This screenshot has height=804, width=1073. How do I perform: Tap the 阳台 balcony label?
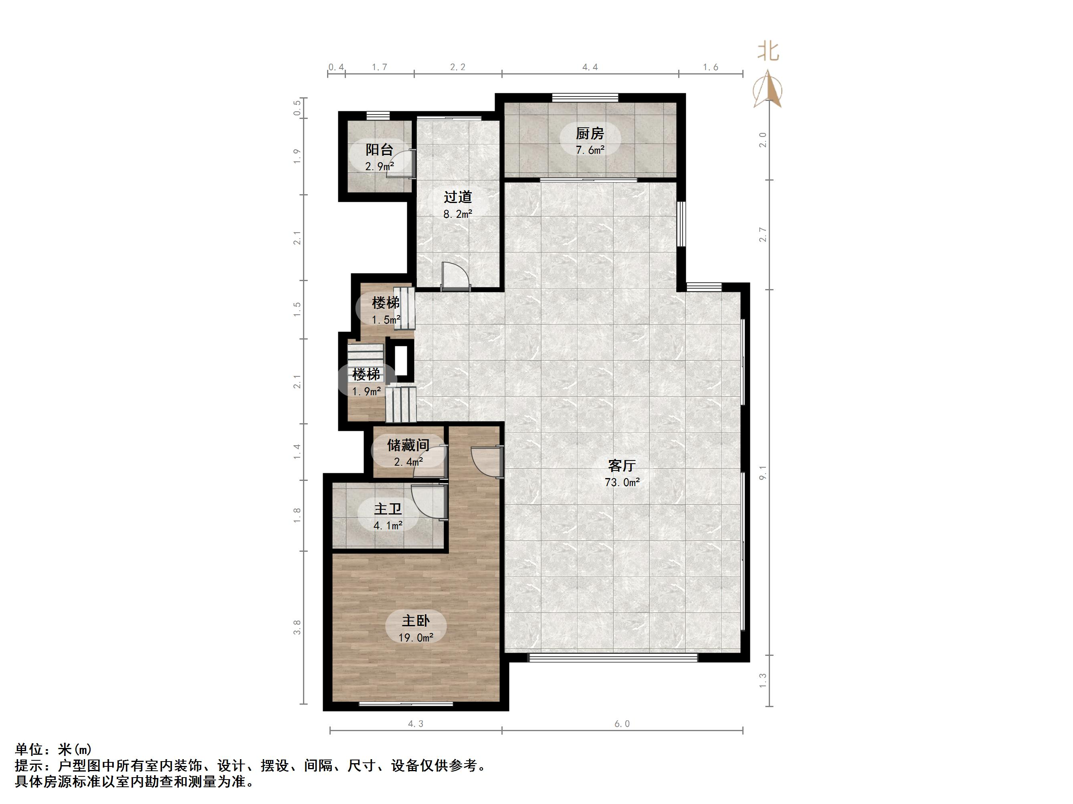click(x=379, y=149)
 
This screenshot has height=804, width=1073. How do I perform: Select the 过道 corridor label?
click(x=458, y=197)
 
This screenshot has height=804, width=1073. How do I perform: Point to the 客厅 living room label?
click(x=622, y=465)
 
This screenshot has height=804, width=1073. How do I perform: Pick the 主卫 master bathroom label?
click(x=388, y=509)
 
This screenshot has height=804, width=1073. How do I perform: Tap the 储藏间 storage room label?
click(x=408, y=444)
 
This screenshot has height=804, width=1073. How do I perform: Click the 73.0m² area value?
click(x=622, y=482)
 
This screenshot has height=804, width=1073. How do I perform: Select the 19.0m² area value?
click(x=416, y=638)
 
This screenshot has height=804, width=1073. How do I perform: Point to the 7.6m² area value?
click(x=590, y=150)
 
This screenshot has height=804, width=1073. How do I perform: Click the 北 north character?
click(x=768, y=51)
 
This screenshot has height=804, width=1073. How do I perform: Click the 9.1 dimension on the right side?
click(x=763, y=472)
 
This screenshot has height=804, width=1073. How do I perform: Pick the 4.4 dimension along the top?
click(x=590, y=67)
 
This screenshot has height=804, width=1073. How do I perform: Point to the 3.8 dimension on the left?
click(x=297, y=627)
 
